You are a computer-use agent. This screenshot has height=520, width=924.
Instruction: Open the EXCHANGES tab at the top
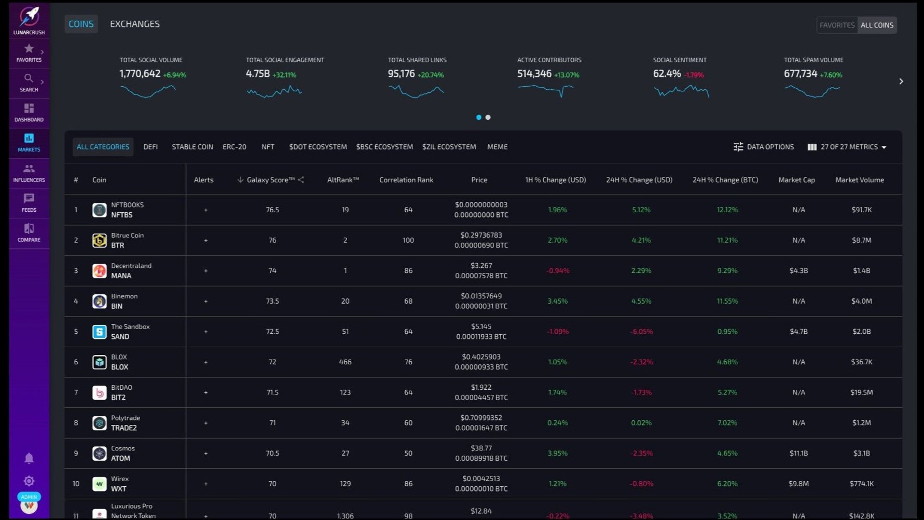[x=135, y=24]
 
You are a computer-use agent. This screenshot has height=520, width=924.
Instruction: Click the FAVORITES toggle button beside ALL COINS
[x=837, y=25]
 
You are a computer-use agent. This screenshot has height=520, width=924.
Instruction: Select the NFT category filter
[x=268, y=147]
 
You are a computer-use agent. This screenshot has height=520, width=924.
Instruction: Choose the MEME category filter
[x=497, y=147]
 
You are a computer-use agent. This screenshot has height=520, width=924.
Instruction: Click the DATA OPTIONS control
[x=764, y=147]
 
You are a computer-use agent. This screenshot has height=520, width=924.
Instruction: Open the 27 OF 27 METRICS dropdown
[x=847, y=147]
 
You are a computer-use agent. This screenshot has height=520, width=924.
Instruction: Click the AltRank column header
[x=343, y=180]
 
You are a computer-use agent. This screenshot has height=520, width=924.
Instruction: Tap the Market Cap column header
[x=796, y=180]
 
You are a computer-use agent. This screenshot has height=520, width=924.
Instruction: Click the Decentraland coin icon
[x=100, y=270]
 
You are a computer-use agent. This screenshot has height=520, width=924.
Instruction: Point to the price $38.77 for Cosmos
[x=481, y=448]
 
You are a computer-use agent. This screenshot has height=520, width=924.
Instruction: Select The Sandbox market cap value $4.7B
[x=798, y=331]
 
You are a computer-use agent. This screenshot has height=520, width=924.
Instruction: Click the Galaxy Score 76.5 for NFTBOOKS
[x=272, y=210]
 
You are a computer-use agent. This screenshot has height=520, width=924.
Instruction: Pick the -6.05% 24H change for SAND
[x=641, y=331]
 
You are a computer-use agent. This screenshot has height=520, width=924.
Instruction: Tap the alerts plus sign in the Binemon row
[x=206, y=301]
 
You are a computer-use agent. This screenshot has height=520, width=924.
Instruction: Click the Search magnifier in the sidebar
[x=29, y=78]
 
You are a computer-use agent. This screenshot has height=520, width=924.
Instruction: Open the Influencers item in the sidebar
[x=29, y=173]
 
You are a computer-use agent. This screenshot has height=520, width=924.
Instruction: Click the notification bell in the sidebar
[x=29, y=458]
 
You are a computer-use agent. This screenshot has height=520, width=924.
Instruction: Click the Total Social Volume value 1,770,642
[x=140, y=74]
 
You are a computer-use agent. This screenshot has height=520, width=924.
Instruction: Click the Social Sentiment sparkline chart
[x=681, y=91]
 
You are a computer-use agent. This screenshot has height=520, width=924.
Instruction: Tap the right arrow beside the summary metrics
[x=901, y=81]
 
